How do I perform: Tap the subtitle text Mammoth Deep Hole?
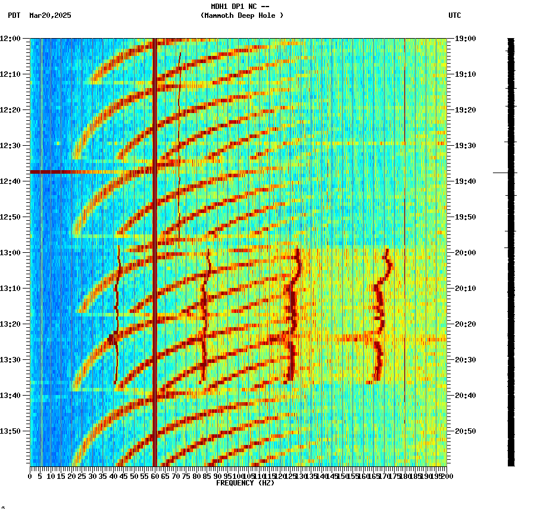242,15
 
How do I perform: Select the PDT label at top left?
14,15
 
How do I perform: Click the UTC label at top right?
454,15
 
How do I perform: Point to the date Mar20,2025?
50,15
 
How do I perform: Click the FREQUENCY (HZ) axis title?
245,483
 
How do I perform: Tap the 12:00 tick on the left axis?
10,39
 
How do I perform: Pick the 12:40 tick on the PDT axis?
10,181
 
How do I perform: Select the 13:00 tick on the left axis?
10,253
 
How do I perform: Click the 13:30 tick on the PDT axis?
10,360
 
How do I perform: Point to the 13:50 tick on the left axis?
10,431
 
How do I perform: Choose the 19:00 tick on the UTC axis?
466,39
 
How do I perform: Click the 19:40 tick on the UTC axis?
466,181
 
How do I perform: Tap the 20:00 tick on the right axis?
466,253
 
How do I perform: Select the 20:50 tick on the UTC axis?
466,431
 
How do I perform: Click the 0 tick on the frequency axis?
30,476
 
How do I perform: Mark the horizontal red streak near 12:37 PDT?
71,172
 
